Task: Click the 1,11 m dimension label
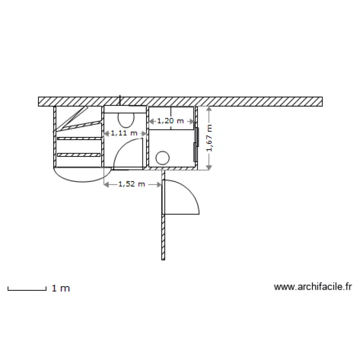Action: (124, 133)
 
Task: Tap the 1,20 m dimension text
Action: (170, 121)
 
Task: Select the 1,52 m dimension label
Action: (132, 184)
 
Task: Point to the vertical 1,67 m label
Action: (209, 138)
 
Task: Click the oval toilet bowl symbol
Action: (126, 120)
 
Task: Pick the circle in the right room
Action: (163, 158)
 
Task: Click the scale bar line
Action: (27, 290)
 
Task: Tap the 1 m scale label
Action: (61, 288)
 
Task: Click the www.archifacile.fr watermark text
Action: (312, 287)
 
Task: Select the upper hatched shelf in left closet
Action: (79, 138)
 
